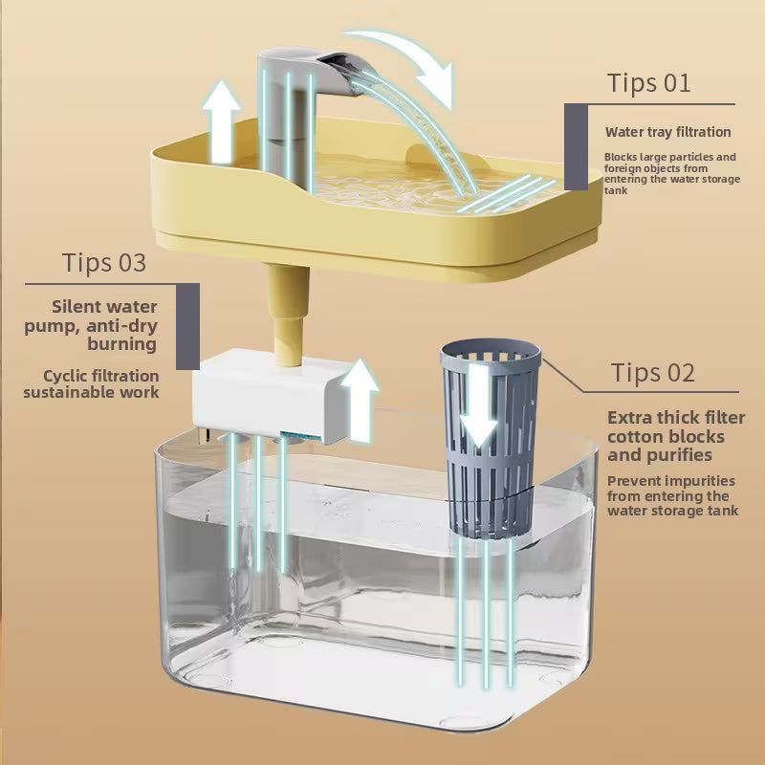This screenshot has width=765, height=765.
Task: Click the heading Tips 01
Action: coord(649,83)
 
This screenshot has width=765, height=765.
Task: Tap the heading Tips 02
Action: coord(653,373)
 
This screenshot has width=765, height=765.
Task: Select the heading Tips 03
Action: coord(104,262)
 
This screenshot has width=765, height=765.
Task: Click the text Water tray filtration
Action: coord(667,132)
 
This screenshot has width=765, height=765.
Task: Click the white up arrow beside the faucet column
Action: coord(222,122)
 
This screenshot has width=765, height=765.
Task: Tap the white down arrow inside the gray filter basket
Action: coord(479,405)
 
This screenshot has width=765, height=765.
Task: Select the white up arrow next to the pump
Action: coord(360,400)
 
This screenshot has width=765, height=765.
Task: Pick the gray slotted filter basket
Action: coord(491,439)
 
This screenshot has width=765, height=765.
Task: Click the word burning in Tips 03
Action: coord(122,344)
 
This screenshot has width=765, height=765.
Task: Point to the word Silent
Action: coord(77,307)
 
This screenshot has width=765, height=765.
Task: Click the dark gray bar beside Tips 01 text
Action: coord(576,146)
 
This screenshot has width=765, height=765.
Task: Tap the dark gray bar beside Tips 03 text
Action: coord(187,326)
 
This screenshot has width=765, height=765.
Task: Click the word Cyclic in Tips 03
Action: coord(65,377)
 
